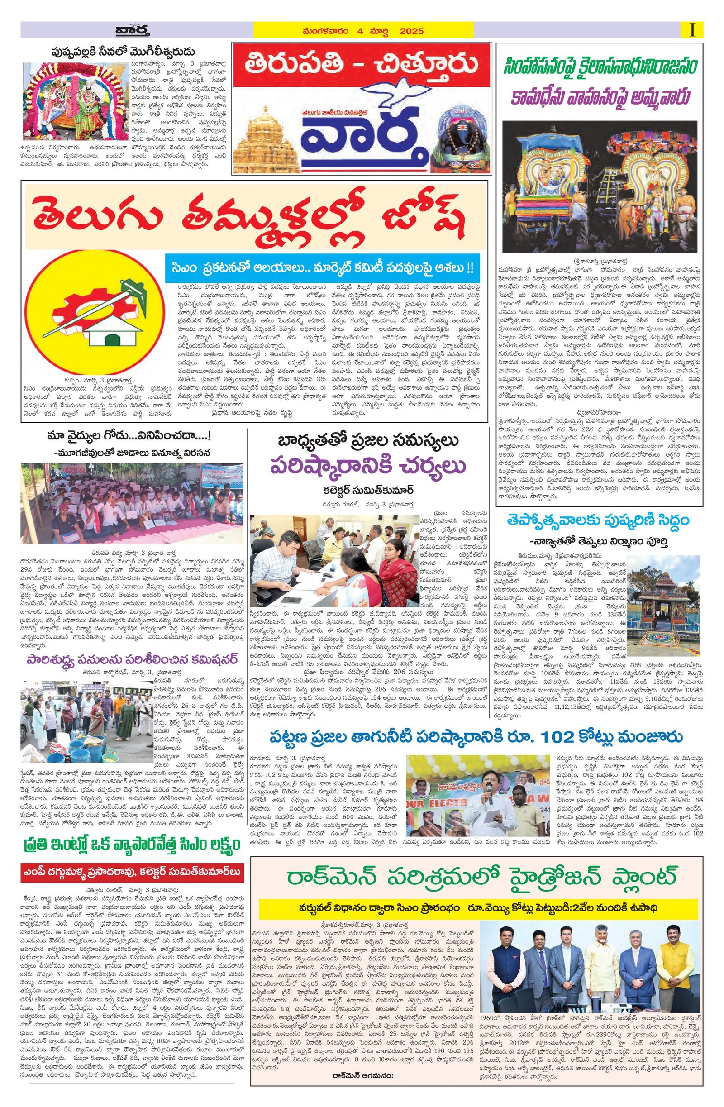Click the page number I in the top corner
pos(693,31)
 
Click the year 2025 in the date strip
pos(410,31)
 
